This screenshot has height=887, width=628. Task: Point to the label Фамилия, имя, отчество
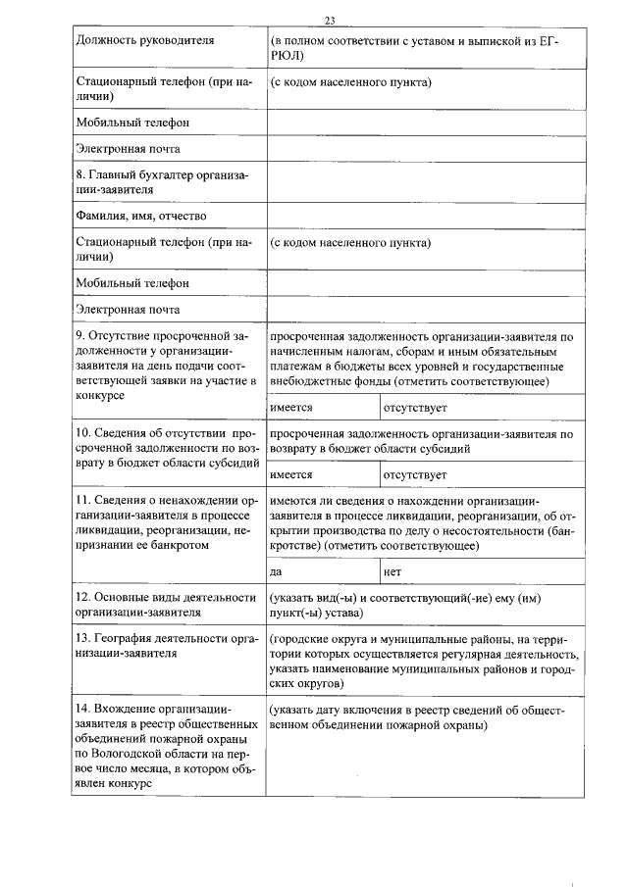point(141,216)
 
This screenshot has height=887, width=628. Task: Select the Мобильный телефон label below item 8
point(131,283)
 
